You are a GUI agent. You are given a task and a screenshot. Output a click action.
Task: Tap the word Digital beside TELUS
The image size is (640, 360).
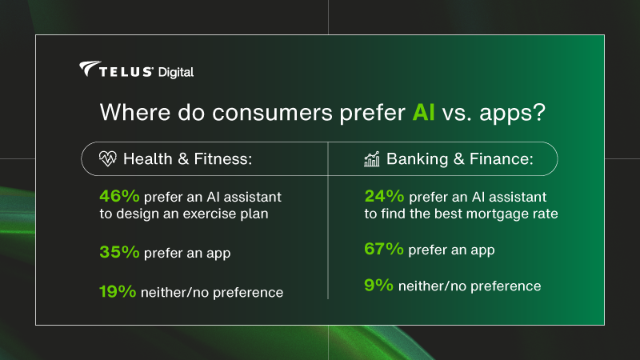coord(176,72)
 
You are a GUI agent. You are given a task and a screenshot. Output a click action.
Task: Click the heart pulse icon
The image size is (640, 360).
coord(107,159)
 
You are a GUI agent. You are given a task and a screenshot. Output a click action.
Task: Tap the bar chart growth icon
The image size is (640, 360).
coord(372,159)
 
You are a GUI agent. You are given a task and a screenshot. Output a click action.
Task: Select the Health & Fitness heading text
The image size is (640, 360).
coord(187,159)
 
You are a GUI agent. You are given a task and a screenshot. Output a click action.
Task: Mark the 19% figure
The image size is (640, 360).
coord(116,292)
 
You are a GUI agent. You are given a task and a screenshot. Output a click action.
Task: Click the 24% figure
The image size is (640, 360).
coord(382,196)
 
